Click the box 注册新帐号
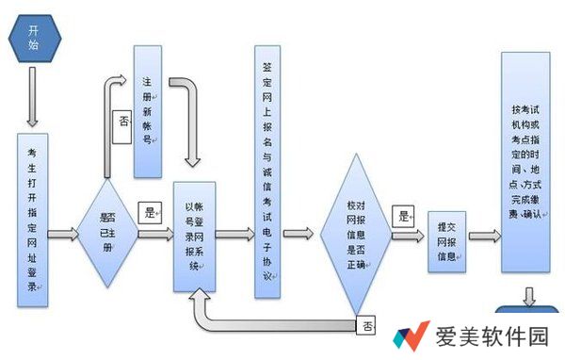(147, 110)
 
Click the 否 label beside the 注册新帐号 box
(122, 124)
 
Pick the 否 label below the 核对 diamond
(366, 326)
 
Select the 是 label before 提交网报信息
(404, 216)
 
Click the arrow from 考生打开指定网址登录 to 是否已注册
(63, 234)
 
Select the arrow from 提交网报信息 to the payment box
(484, 236)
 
